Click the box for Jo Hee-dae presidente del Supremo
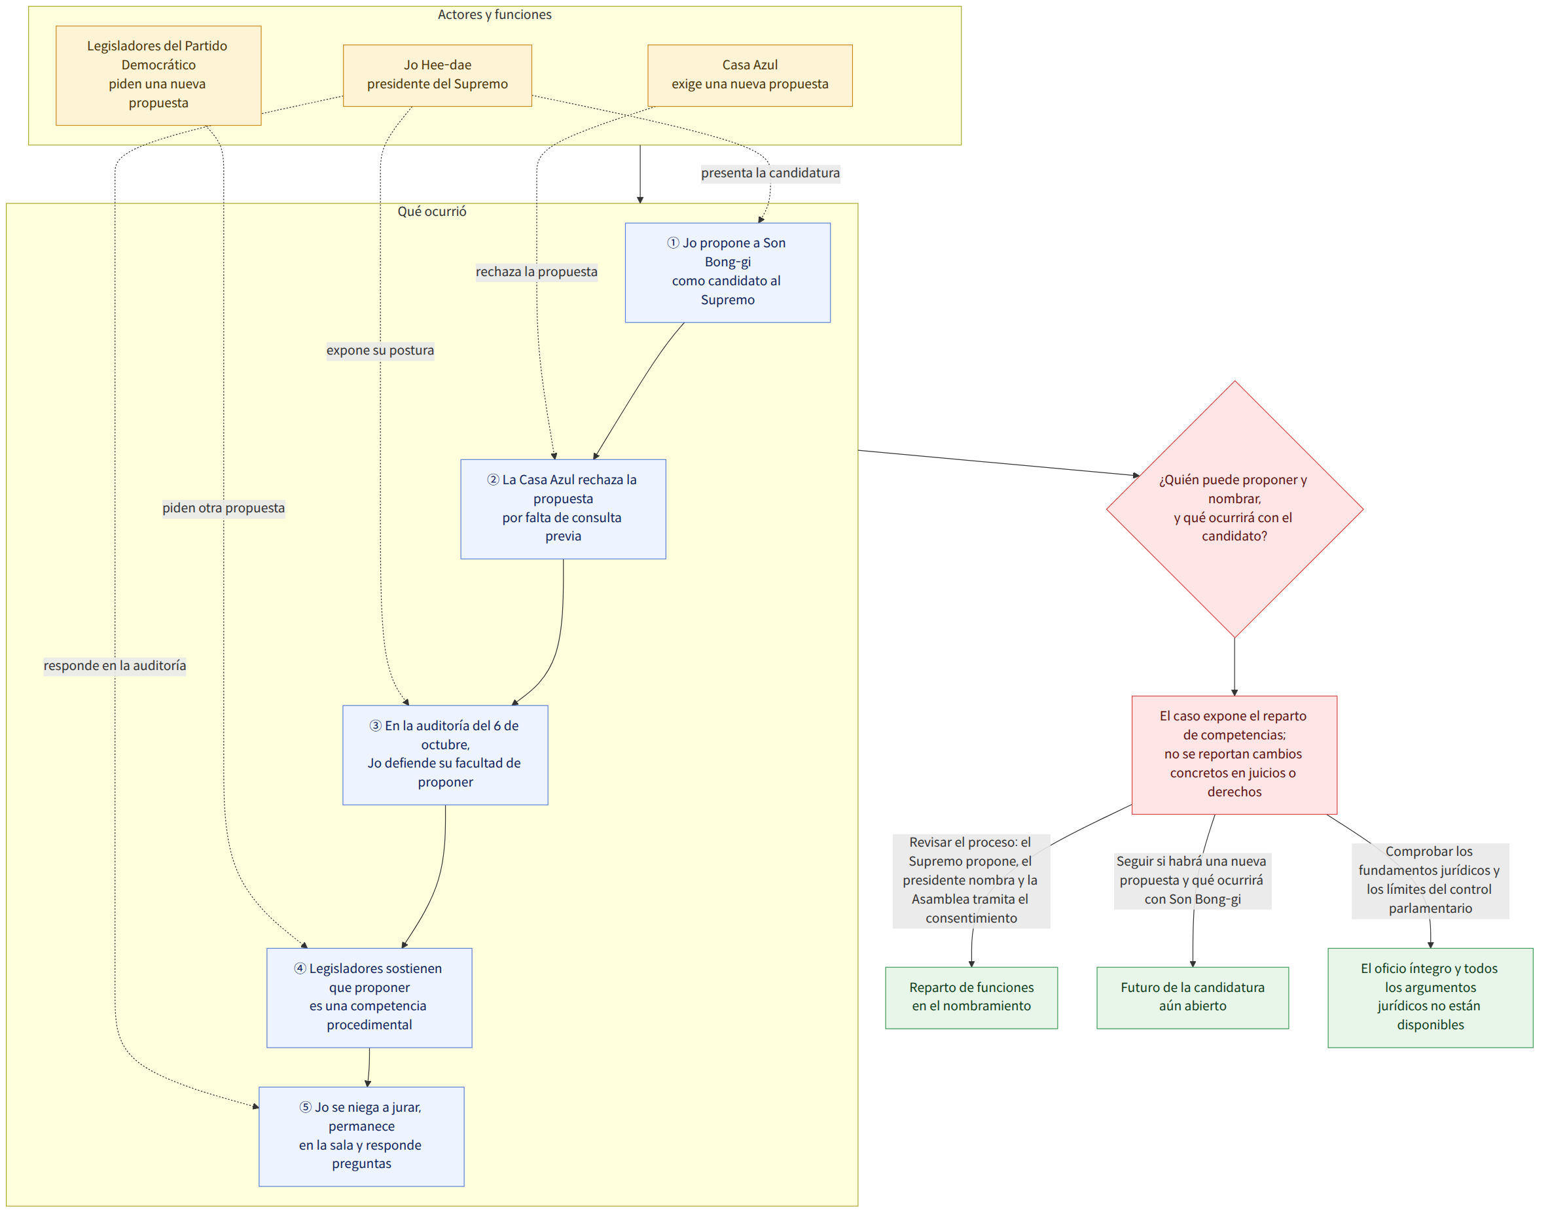437,75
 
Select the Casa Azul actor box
749,75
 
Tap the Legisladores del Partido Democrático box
158,75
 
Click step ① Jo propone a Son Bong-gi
727,272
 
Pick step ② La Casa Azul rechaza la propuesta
563,509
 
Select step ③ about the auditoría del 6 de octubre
444,755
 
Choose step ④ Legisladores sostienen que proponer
369,998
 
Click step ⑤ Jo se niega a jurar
361,1137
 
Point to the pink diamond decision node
1234,509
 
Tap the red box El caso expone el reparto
1234,755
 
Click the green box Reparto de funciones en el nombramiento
971,998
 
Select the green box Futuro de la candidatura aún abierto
1192,998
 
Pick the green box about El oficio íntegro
1430,998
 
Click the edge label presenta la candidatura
770,173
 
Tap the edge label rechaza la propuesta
536,272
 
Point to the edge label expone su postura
380,350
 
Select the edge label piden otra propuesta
223,508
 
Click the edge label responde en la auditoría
115,665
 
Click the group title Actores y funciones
494,14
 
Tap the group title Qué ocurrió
431,211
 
